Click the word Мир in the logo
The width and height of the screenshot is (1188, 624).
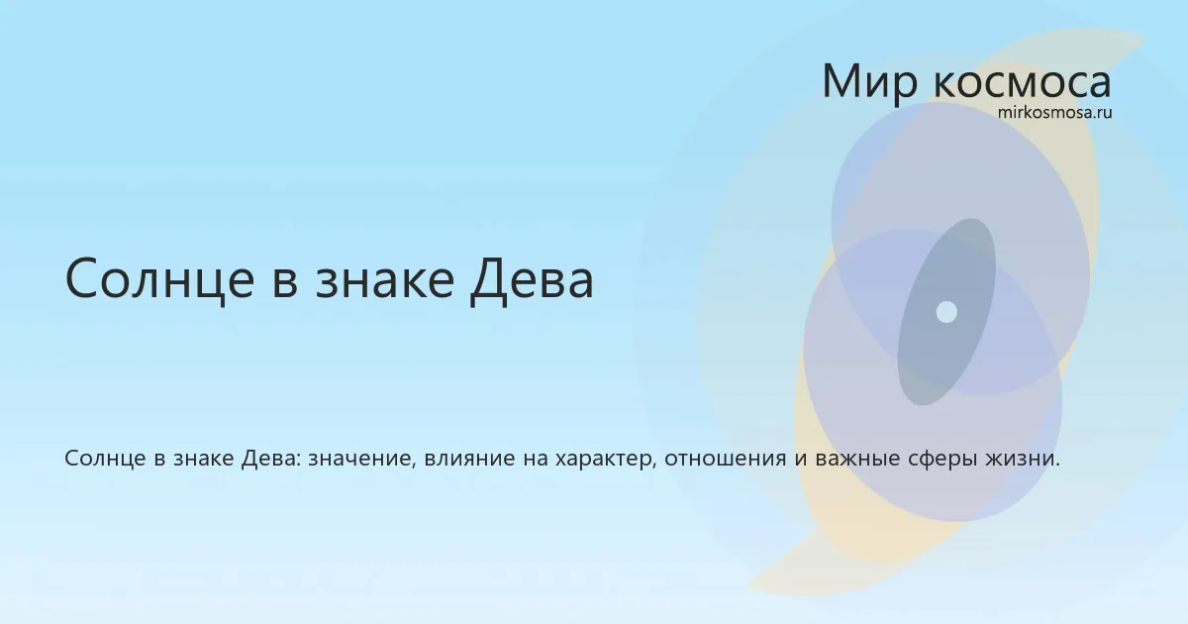pyautogui.click(x=870, y=81)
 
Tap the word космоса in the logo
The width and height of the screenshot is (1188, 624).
pyautogui.click(x=1022, y=84)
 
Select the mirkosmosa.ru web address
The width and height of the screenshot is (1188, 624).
pyautogui.click(x=1055, y=113)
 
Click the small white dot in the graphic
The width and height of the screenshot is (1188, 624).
pyautogui.click(x=946, y=312)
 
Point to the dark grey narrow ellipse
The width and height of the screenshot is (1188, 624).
pyautogui.click(x=946, y=312)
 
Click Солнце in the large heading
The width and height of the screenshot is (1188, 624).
pyautogui.click(x=159, y=279)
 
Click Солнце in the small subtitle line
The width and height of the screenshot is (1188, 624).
pyautogui.click(x=105, y=459)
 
